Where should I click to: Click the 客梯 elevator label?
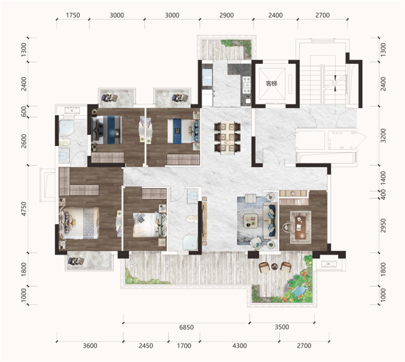pyautogui.click(x=272, y=83)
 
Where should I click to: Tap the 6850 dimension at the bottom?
pyautogui.click(x=186, y=327)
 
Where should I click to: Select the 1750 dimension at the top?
pyautogui.click(x=73, y=16)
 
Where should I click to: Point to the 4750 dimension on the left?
pyautogui.click(x=24, y=209)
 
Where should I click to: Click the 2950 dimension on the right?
pyautogui.click(x=383, y=225)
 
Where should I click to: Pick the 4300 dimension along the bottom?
pyautogui.click(x=239, y=346)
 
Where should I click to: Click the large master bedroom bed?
pyautogui.click(x=79, y=223)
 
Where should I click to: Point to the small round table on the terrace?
pyautogui.click(x=275, y=267)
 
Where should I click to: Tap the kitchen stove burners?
pyautogui.click(x=246, y=85)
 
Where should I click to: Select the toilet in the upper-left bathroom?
pyautogui.click(x=64, y=142)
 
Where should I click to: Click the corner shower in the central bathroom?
pyautogui.click(x=190, y=242)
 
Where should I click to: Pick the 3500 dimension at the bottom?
pyautogui.click(x=282, y=327)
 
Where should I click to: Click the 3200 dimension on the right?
pyautogui.click(x=383, y=135)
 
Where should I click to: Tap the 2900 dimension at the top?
pyautogui.click(x=226, y=16)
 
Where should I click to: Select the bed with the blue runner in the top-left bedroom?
pyautogui.click(x=107, y=129)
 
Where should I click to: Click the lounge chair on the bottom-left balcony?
pyautogui.click(x=76, y=261)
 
